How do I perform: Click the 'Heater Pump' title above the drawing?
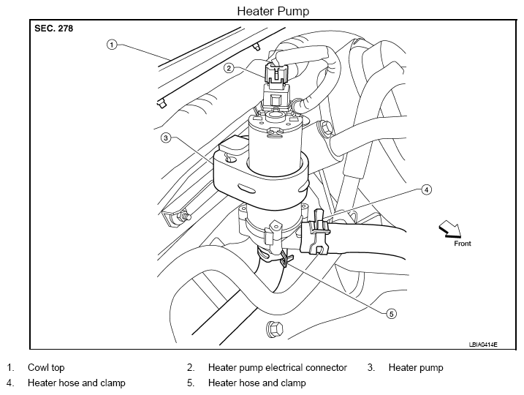coord(273,11)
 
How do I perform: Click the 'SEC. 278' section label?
coord(53,29)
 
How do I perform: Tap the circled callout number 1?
coord(112,45)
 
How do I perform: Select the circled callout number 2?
coord(229,68)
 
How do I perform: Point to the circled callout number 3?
coord(166,138)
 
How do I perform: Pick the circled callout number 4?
coord(426,189)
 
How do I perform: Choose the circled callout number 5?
coord(391,314)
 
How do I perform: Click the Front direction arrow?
coord(450,229)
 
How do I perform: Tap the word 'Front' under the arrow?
coord(462,244)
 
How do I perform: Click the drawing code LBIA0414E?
coord(483,345)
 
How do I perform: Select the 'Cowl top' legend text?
coord(46,368)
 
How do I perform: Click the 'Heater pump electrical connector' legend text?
coord(278,368)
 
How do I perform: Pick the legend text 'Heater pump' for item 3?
coord(416,368)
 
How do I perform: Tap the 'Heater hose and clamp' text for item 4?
coord(77,383)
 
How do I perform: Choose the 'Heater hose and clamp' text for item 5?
coord(257,383)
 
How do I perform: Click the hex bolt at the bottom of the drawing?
coord(275,329)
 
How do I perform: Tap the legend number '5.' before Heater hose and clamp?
coord(191,383)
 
